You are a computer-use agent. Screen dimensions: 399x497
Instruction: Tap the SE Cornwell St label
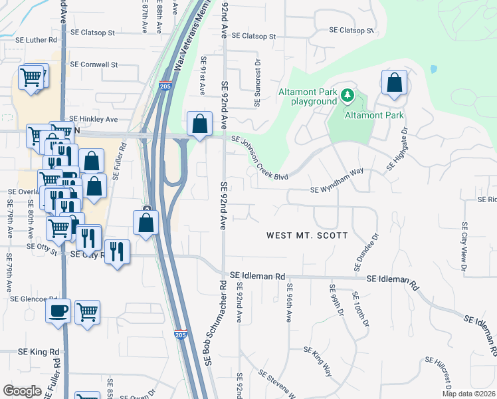[x=94, y=65]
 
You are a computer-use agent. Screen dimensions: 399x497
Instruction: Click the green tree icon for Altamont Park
[x=347, y=96]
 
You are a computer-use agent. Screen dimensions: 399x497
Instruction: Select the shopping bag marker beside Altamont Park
[x=394, y=84]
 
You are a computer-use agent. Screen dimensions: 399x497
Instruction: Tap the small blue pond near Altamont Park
[x=434, y=69]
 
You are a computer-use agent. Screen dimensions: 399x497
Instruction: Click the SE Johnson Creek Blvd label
[x=260, y=158]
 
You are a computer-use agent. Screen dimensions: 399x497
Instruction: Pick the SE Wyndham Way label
[x=337, y=190]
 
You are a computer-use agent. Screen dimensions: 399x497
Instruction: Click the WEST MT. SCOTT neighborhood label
[x=307, y=235]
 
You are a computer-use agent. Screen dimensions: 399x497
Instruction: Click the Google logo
[x=22, y=391]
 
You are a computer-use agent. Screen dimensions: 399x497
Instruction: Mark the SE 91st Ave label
[x=203, y=75]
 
